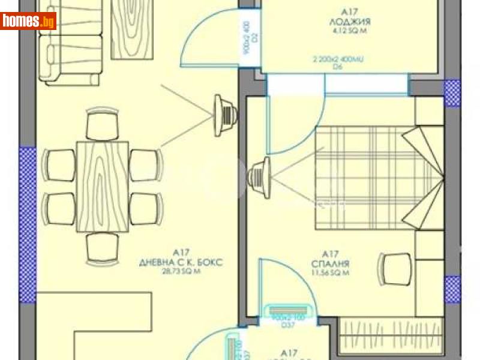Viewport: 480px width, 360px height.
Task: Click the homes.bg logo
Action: (x=29, y=21)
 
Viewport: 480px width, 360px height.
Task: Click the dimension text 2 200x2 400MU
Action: (x=338, y=60)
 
